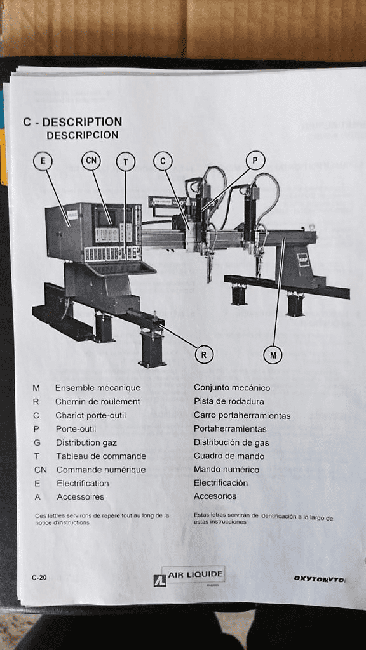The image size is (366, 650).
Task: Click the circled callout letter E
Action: (x=43, y=161)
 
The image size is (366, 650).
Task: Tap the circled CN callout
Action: (x=91, y=161)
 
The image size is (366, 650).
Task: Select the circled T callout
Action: (x=125, y=162)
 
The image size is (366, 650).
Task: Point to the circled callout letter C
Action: (x=162, y=162)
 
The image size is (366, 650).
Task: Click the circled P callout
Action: (x=255, y=161)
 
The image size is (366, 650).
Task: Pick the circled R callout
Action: (x=203, y=355)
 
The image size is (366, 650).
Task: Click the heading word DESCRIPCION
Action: (x=82, y=135)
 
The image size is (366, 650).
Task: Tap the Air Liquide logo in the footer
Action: (x=189, y=576)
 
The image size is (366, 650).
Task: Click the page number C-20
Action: (x=39, y=578)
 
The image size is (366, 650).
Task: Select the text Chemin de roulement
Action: (x=97, y=401)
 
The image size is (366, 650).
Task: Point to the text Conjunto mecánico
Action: (x=231, y=388)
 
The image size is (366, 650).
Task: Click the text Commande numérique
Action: (x=100, y=470)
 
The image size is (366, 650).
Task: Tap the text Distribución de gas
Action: (x=231, y=442)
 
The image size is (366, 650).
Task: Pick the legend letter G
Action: (x=37, y=442)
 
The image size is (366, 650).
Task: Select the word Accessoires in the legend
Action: (x=80, y=497)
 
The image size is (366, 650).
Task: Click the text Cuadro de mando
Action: (x=229, y=456)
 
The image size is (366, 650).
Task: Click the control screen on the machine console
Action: (x=105, y=215)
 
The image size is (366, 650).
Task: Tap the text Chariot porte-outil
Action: (x=90, y=415)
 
